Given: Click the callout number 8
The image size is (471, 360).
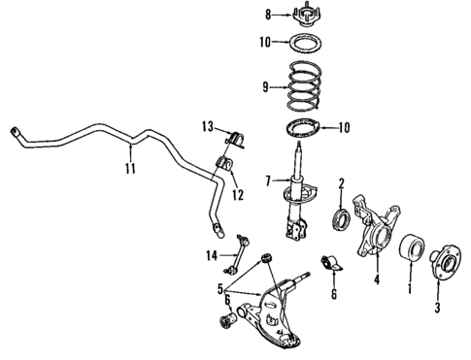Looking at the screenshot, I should click(x=269, y=15).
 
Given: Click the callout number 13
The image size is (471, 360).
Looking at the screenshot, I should click(x=206, y=127).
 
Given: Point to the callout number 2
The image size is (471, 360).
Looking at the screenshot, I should click(x=342, y=183).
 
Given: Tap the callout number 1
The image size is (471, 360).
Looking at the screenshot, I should click(x=409, y=287).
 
